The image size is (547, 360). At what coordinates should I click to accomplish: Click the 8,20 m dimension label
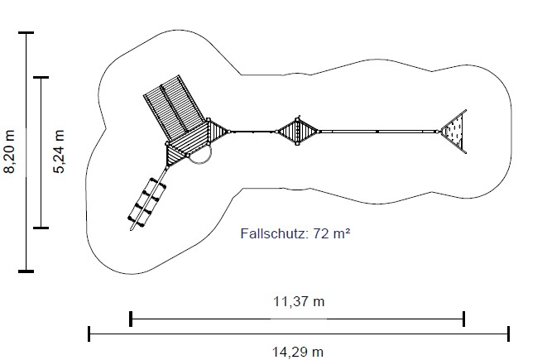[9, 151]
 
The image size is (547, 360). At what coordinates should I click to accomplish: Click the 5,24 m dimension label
[59, 151]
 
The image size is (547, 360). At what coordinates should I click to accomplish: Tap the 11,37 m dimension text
[299, 301]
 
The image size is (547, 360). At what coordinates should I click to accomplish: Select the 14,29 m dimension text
[298, 352]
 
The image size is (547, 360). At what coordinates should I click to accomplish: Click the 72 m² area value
[331, 233]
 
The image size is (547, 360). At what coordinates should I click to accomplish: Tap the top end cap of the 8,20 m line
[26, 33]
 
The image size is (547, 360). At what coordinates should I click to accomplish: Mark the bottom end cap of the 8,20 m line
[26, 271]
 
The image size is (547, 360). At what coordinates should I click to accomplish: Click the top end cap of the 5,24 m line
[41, 78]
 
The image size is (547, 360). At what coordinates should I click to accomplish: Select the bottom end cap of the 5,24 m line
[41, 228]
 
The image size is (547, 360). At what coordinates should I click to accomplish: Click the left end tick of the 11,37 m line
[131, 319]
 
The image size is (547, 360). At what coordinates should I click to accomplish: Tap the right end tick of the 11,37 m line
[463, 319]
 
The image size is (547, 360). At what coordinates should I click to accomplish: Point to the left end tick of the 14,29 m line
[89, 334]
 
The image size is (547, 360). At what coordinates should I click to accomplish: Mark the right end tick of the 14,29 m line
[509, 334]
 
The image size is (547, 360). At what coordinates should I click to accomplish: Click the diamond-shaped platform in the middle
[298, 132]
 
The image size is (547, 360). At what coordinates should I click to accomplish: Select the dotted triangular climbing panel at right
[454, 132]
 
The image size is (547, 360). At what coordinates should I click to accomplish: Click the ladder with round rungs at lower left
[146, 203]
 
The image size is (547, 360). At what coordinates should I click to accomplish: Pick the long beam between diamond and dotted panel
[378, 132]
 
